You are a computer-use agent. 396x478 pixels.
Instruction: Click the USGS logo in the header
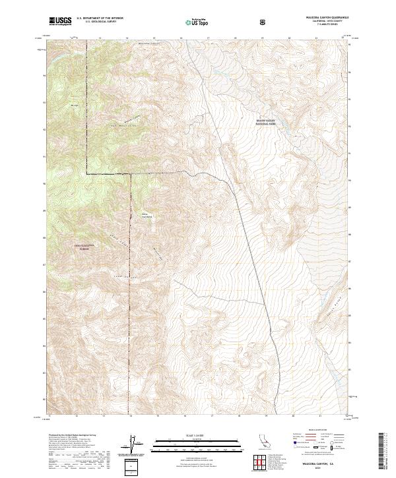click(61, 21)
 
